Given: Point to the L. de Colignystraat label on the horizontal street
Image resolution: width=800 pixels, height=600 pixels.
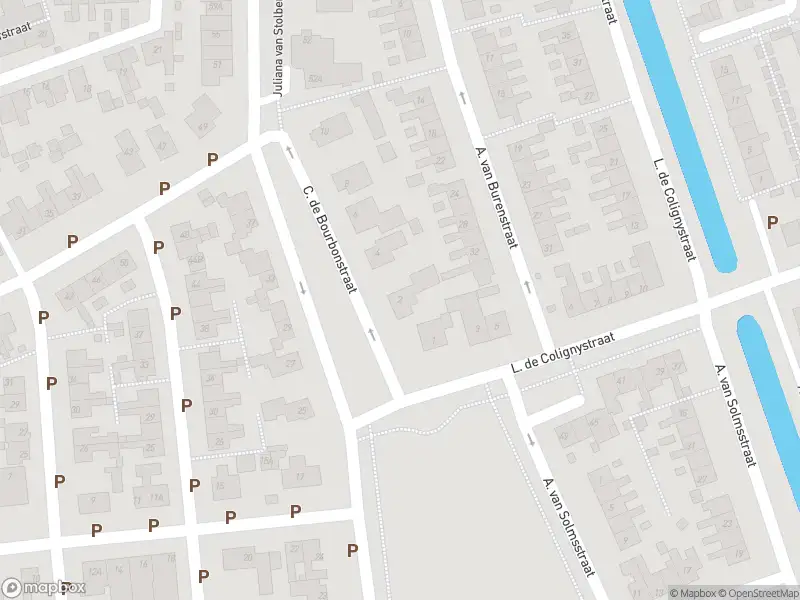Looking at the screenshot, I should coord(561,352).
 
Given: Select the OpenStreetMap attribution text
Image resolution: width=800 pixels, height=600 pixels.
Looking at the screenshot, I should coord(759,593).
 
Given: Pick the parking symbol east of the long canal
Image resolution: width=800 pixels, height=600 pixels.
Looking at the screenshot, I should coord(772,223).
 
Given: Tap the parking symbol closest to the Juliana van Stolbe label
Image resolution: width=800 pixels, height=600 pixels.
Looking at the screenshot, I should coord(212,159).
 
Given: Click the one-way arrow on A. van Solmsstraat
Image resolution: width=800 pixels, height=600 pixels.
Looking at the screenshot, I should coord(531,438).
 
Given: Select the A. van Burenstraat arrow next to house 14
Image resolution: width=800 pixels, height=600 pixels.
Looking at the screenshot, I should coord(462,97).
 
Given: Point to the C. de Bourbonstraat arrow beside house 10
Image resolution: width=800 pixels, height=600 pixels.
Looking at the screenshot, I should coord(290,151).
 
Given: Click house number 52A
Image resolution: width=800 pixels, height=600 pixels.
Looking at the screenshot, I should coord(316,77).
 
